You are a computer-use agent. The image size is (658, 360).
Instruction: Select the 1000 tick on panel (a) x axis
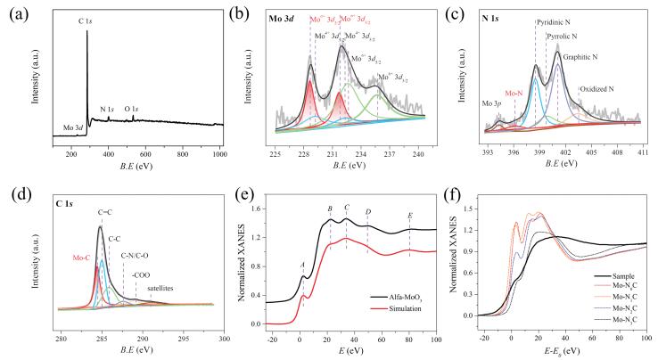pyautogui.click(x=219, y=153)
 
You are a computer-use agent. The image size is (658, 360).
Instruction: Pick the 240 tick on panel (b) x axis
pyautogui.click(x=416, y=153)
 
